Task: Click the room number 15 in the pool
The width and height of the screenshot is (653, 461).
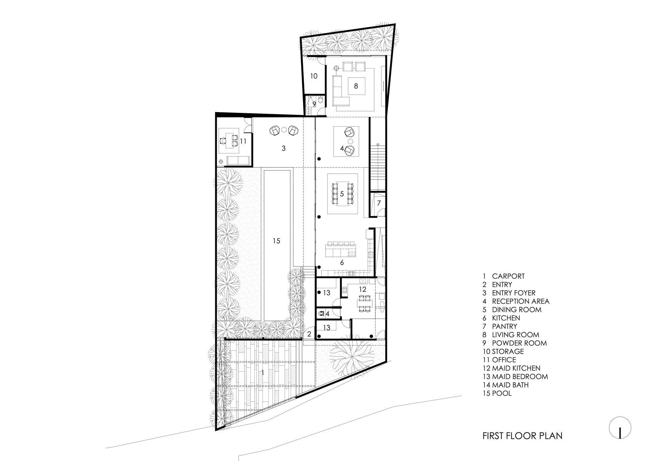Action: [x=276, y=241]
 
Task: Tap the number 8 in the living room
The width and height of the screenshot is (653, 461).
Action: [x=356, y=86]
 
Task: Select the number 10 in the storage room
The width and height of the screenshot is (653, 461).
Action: [x=313, y=76]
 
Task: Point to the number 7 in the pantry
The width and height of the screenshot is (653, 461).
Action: [x=379, y=203]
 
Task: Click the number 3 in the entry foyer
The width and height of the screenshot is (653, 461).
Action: [x=283, y=148]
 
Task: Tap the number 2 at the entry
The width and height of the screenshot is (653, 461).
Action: [x=309, y=334]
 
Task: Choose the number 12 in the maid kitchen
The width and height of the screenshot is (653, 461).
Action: [x=362, y=289]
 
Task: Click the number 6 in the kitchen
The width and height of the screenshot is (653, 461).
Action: [x=342, y=262]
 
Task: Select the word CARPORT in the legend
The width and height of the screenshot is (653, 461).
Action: [x=508, y=276]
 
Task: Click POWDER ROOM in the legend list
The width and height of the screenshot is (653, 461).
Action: [x=519, y=343]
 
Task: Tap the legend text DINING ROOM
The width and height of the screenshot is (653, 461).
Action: [x=517, y=310]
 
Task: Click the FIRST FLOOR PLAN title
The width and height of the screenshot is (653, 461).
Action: [x=522, y=436]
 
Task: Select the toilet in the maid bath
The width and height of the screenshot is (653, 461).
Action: [x=322, y=314]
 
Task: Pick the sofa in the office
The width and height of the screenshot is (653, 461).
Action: [x=238, y=160]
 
